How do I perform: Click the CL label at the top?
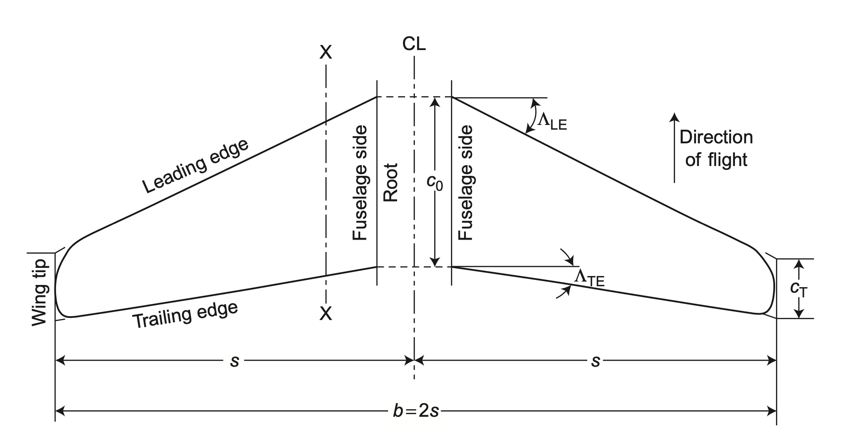tap(414, 44)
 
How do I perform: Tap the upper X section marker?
tap(326, 53)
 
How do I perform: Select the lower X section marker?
tap(326, 314)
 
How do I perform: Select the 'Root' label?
tap(391, 182)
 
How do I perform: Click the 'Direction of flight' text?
tap(716, 148)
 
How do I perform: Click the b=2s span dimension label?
tap(416, 411)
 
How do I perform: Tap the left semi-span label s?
tap(234, 361)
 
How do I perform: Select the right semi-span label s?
tap(595, 361)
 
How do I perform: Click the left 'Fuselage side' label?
tap(360, 183)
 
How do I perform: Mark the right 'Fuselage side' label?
tap(465, 183)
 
